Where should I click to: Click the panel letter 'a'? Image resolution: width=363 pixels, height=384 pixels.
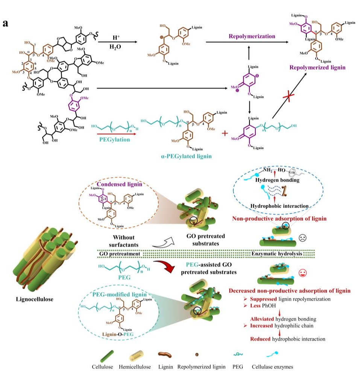(6, 23)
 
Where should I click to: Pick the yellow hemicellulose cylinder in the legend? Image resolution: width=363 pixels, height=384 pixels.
(134, 355)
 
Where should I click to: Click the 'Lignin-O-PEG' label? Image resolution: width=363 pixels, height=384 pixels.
(121, 333)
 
